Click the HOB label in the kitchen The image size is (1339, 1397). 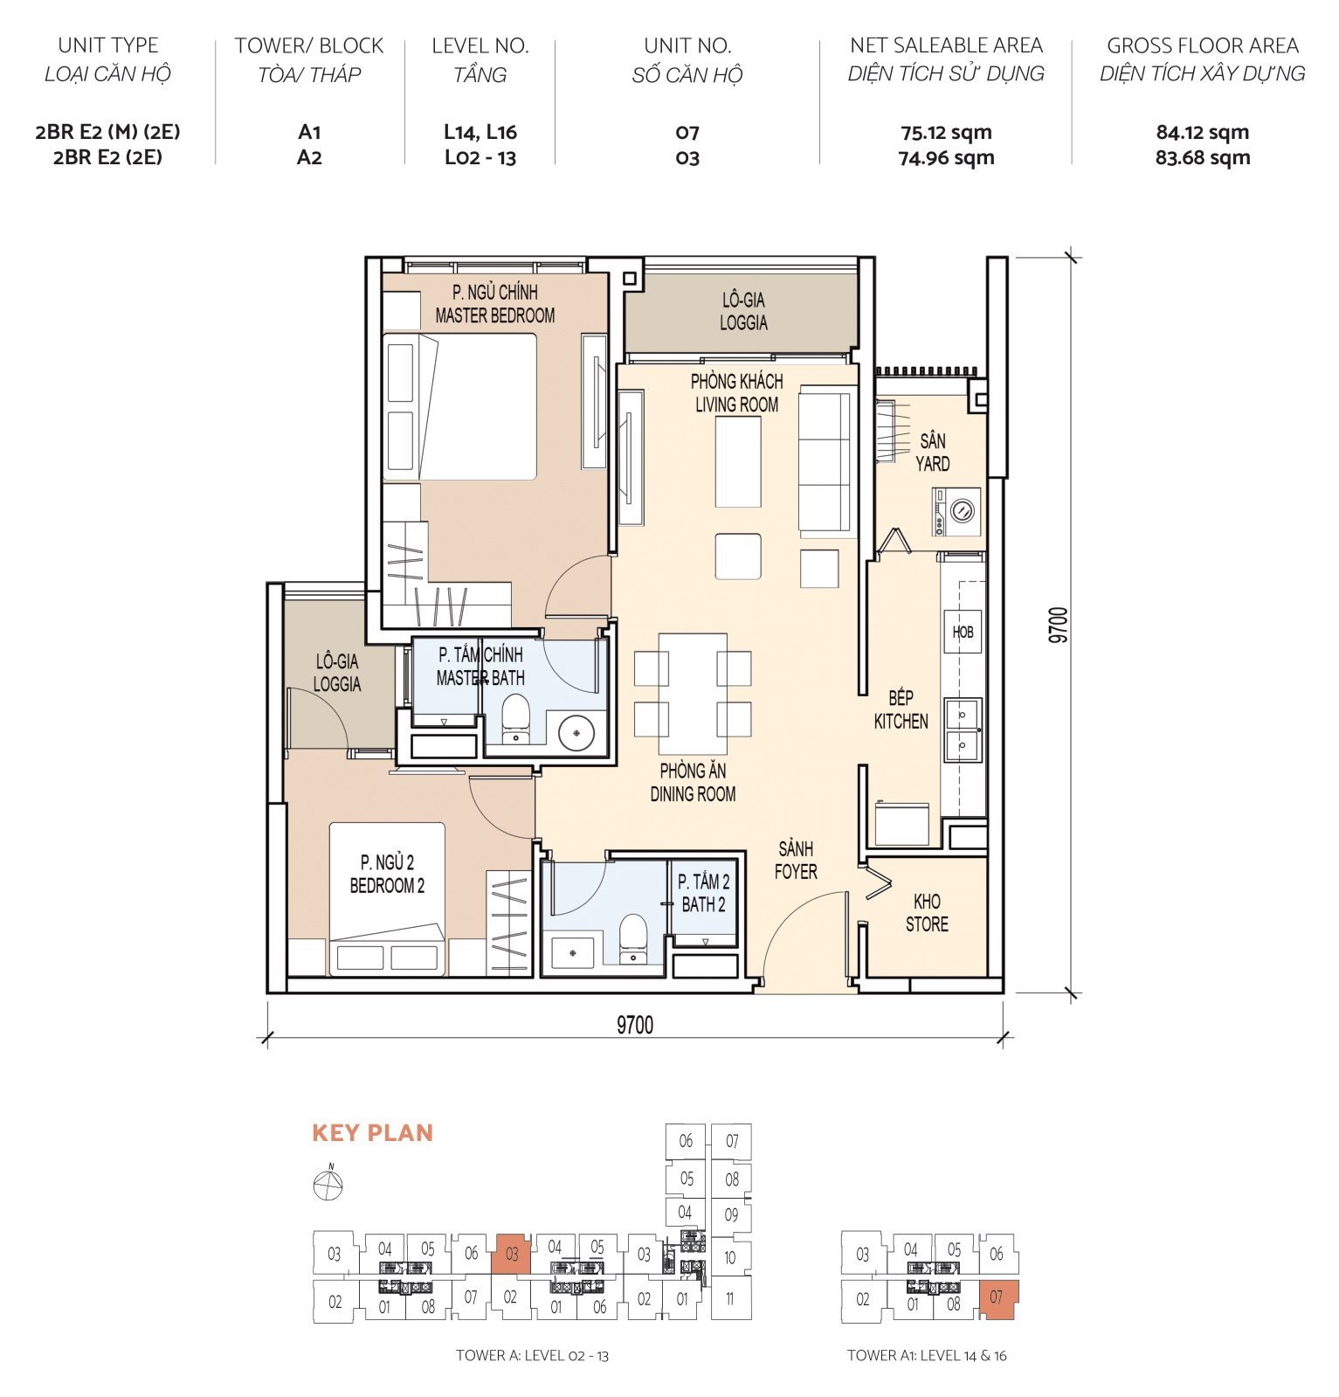point(963,632)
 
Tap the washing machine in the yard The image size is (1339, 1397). point(957,512)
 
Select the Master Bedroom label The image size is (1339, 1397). point(494,304)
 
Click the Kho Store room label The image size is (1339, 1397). point(927,912)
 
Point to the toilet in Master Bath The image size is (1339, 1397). point(515,717)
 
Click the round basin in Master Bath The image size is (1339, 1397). point(576,732)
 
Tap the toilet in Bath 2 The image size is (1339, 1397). point(633,937)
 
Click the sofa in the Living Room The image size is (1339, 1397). point(824,460)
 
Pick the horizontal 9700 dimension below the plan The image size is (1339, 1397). point(634,1025)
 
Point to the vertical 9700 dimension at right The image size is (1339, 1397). point(1058,626)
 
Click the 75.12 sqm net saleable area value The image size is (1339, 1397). point(946,133)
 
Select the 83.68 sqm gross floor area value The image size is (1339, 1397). point(1202,158)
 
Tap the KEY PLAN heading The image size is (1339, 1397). point(372,1133)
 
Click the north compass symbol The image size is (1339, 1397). point(328,1185)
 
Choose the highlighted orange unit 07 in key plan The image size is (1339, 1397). point(997,1299)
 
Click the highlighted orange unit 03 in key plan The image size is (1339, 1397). point(512,1255)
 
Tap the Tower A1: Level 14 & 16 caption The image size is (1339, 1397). point(926,1356)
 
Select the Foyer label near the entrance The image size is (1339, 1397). point(796,861)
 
